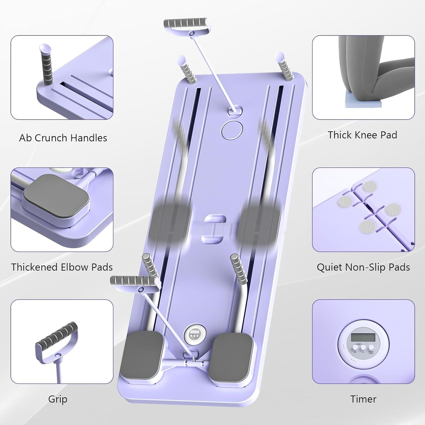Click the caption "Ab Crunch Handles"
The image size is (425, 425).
pos(63,138)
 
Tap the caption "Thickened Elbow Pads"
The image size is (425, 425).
pos(62,267)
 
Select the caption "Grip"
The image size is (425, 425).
pos(58,399)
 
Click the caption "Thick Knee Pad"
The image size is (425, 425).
pos(362,135)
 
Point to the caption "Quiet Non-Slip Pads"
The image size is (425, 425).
pos(363,267)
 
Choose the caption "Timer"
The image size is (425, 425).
pos(363,399)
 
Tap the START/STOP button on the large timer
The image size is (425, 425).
pos(371,347)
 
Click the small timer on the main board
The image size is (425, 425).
pos(193,333)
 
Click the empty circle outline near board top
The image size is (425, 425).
pos(232,129)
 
